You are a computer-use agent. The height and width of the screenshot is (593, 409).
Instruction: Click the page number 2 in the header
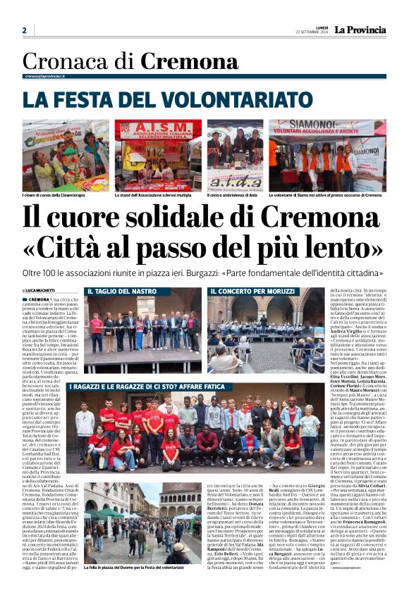(x=25, y=30)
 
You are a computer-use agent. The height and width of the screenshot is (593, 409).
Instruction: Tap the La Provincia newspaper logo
(x=360, y=30)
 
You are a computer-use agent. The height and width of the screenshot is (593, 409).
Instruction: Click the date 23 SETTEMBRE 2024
(x=312, y=32)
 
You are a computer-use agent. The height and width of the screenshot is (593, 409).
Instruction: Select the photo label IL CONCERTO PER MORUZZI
(x=252, y=291)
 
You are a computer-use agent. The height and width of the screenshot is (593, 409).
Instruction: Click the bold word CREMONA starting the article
(x=39, y=299)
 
